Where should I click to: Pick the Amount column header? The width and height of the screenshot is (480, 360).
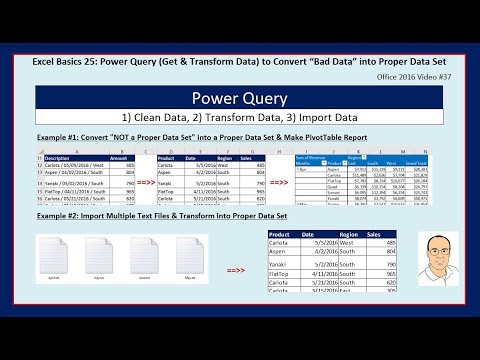pos(117,156)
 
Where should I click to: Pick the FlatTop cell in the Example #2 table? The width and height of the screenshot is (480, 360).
pos(285,290)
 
